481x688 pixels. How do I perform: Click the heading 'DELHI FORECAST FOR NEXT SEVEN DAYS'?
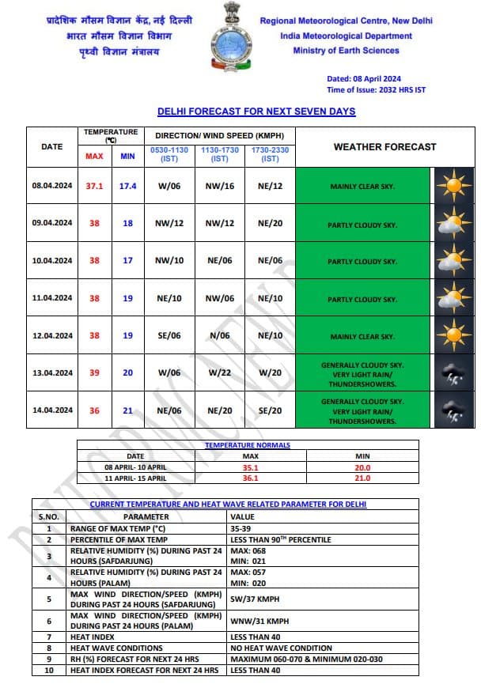pyautogui.click(x=256, y=112)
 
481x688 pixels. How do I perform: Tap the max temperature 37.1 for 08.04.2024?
pyautogui.click(x=95, y=186)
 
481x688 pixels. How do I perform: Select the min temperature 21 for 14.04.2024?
pyautogui.click(x=127, y=410)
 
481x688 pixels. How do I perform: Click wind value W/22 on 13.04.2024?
pyautogui.click(x=219, y=372)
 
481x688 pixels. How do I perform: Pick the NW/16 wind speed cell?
pyautogui.click(x=219, y=186)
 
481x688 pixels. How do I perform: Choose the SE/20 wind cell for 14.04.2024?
pyautogui.click(x=270, y=410)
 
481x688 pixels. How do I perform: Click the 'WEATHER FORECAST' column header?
pyautogui.click(x=384, y=146)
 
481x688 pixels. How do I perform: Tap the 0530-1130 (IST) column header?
pyautogui.click(x=169, y=154)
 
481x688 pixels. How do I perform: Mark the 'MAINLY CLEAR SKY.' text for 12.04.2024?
pyautogui.click(x=363, y=336)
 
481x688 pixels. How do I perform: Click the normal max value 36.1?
pyautogui.click(x=250, y=478)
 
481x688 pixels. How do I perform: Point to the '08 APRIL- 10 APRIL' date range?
pyautogui.click(x=136, y=467)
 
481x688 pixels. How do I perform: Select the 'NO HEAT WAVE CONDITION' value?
pyautogui.click(x=277, y=647)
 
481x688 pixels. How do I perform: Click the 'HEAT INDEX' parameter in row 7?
pyautogui.click(x=93, y=636)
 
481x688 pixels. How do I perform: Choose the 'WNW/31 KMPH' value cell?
pyautogui.click(x=258, y=621)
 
